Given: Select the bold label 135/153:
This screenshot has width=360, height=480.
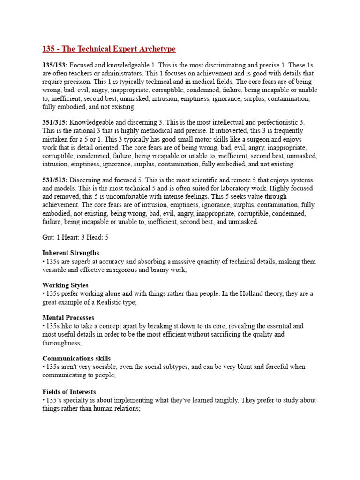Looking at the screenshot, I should [x=55, y=65].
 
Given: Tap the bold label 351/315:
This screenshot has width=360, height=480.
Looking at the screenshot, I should [x=55, y=122].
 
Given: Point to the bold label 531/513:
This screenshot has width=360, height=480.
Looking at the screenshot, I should [x=55, y=180].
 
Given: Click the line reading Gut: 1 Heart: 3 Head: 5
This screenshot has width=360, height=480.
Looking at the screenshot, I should [x=75, y=238].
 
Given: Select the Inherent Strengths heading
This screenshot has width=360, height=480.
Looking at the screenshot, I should [x=71, y=253].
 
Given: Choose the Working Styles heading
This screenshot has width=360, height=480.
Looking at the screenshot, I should [x=65, y=285].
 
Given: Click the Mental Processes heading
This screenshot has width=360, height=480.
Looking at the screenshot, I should [x=68, y=317].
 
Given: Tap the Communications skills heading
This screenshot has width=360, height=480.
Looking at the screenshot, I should [x=79, y=358].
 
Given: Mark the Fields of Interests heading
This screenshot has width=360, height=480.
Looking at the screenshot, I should [x=69, y=391].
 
